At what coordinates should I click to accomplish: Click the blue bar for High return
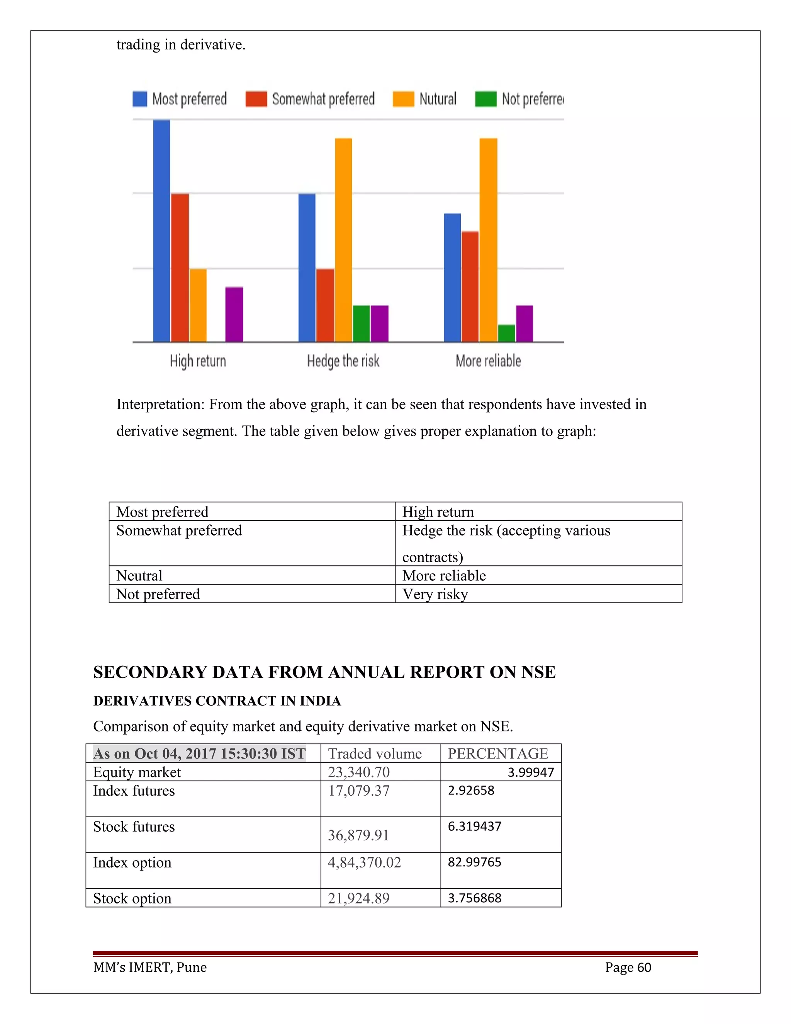[x=162, y=231]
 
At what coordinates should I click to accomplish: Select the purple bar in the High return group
[x=234, y=314]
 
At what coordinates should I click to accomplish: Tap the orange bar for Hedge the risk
[x=343, y=240]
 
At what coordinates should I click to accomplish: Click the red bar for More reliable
[x=470, y=286]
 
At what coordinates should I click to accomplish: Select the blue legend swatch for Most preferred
[x=140, y=99]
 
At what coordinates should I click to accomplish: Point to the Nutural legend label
[x=438, y=99]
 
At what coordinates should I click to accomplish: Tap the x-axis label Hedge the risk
[x=343, y=361]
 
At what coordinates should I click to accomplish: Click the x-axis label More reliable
[x=488, y=361]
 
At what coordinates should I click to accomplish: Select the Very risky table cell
[x=435, y=594]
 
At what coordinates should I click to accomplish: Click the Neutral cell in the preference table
[x=139, y=575]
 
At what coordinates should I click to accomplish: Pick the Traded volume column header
[x=375, y=754]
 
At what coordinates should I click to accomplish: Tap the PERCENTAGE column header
[x=497, y=754]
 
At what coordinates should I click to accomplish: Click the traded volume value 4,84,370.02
[x=364, y=862]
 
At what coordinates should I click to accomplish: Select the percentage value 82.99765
[x=474, y=862]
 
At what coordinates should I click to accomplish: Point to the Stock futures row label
[x=134, y=827]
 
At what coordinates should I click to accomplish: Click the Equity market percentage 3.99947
[x=530, y=772]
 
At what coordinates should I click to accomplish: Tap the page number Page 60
[x=628, y=967]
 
